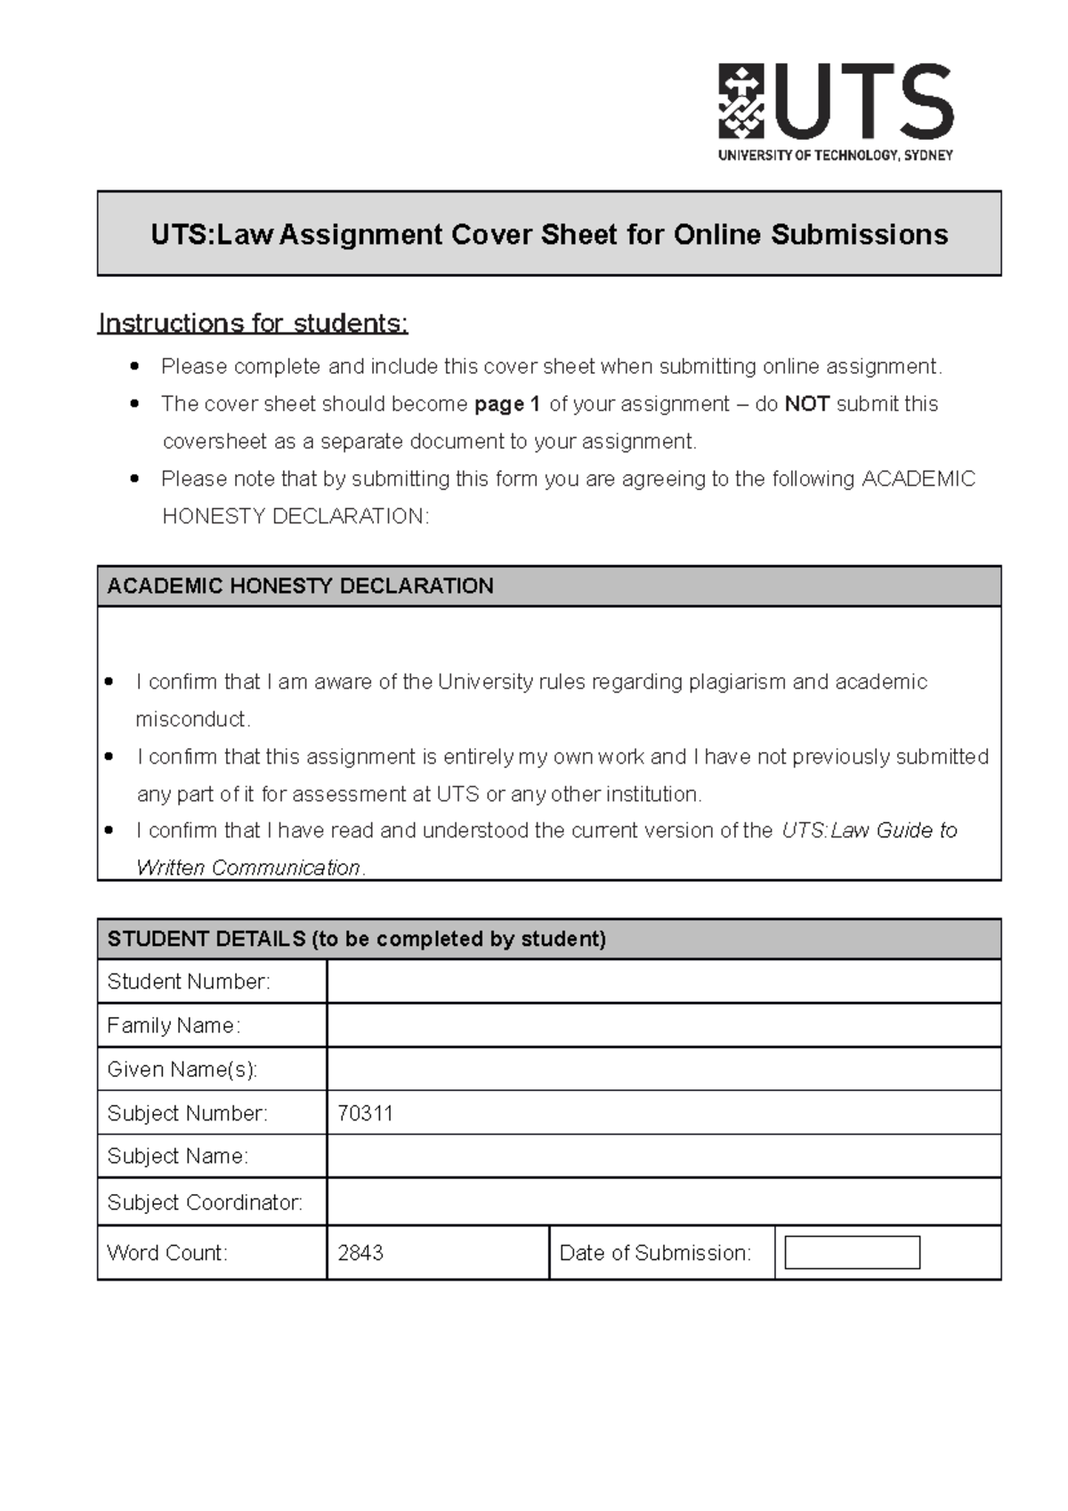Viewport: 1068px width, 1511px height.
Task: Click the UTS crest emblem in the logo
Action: (x=740, y=101)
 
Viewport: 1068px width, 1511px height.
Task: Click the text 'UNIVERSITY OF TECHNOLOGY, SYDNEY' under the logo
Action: (x=835, y=155)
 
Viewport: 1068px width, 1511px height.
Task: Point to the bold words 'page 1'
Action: (x=507, y=404)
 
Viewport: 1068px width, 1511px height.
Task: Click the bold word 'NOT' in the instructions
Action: (x=806, y=404)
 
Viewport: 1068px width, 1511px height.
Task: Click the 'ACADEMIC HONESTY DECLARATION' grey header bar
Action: (x=549, y=586)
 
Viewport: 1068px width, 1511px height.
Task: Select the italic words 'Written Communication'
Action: (x=248, y=868)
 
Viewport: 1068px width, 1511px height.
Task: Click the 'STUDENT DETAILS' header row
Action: (x=549, y=939)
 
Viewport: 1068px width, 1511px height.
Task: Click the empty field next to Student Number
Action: (x=663, y=982)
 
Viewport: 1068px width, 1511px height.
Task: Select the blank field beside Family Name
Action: (x=663, y=1025)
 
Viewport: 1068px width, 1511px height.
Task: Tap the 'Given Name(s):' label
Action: (x=182, y=1069)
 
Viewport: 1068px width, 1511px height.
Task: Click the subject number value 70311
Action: (x=365, y=1113)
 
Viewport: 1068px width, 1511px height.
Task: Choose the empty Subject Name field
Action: (x=663, y=1156)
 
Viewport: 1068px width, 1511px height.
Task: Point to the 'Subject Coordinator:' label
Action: (x=205, y=1202)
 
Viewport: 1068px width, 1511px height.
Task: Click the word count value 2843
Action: (x=360, y=1253)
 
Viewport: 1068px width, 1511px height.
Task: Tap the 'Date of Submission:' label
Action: (x=655, y=1253)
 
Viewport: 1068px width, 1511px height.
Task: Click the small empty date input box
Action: (x=852, y=1253)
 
